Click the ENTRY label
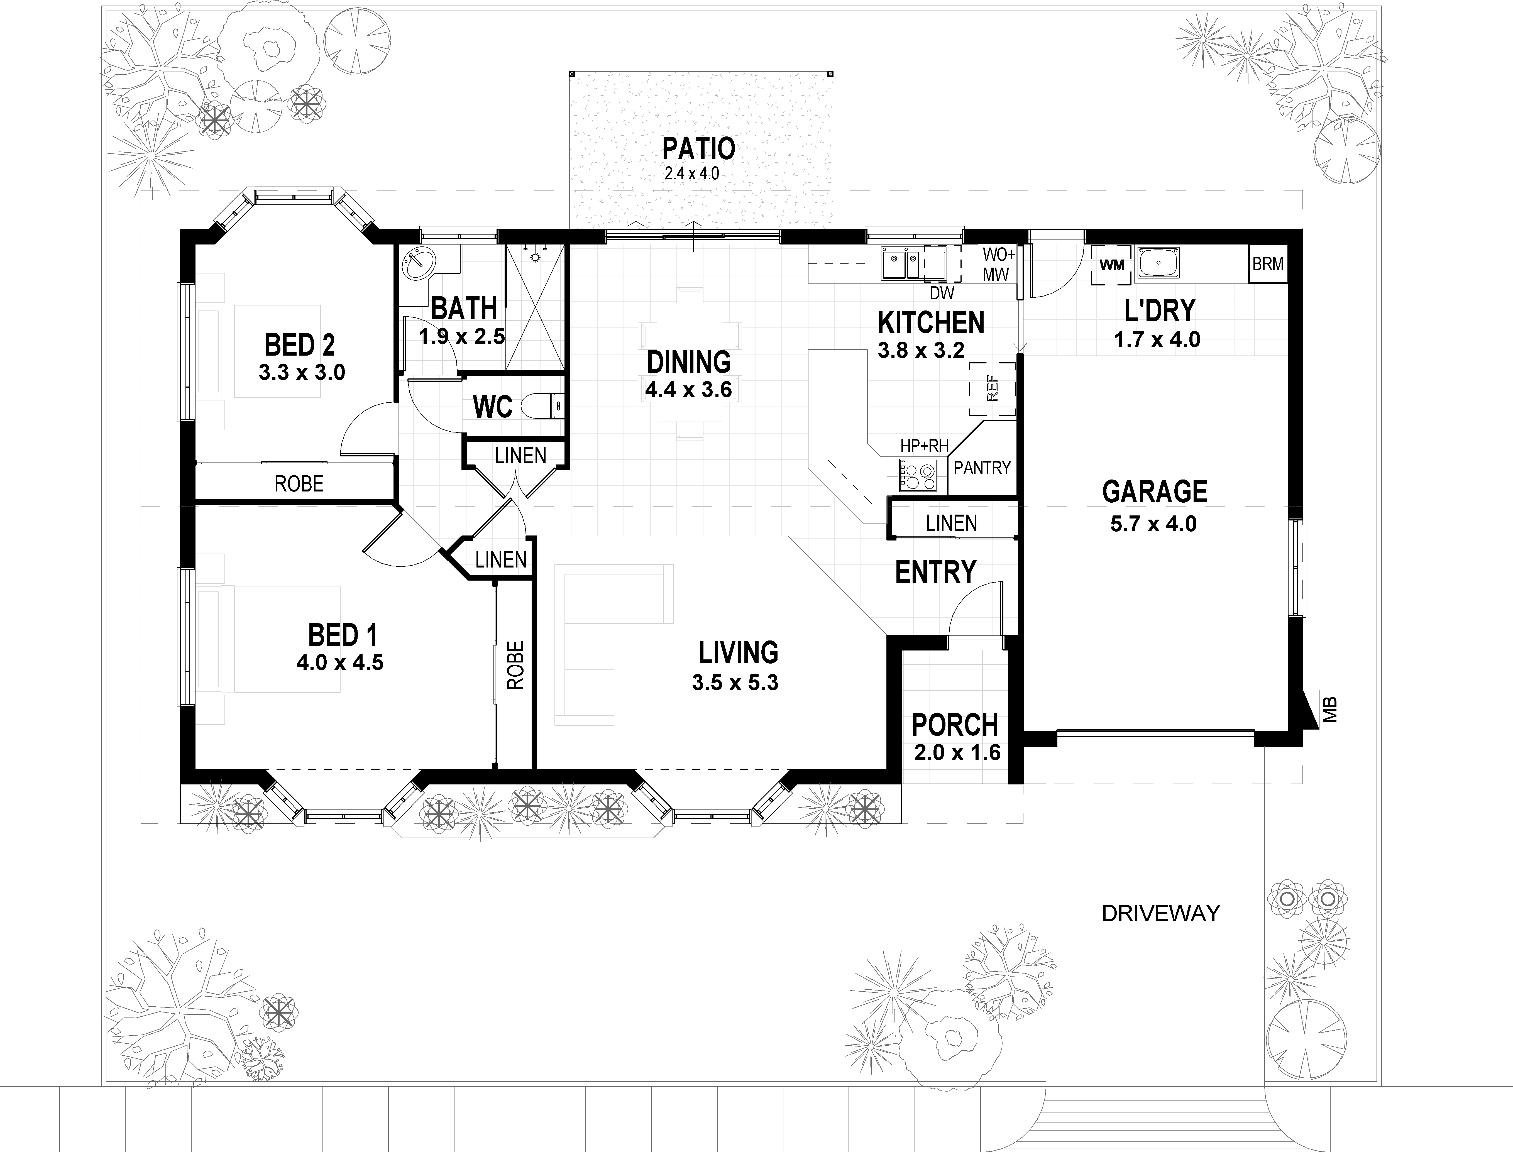pos(935,572)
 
